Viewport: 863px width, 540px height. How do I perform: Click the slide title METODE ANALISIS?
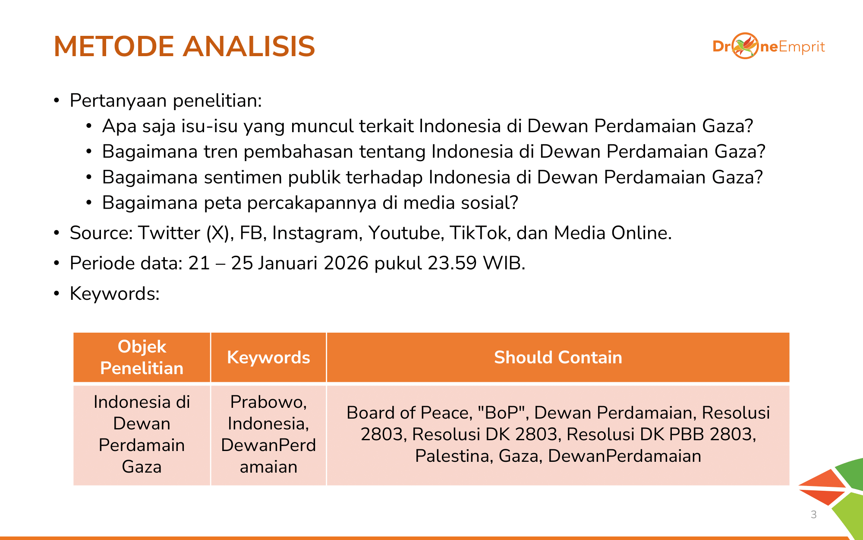pyautogui.click(x=184, y=46)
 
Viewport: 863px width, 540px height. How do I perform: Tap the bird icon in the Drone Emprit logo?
pyautogui.click(x=745, y=46)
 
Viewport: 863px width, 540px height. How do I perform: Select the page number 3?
pyautogui.click(x=814, y=515)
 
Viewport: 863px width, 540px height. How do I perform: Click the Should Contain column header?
pyautogui.click(x=558, y=357)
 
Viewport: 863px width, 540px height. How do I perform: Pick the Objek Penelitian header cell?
pyautogui.click(x=142, y=357)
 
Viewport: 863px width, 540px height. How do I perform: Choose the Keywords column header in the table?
pyautogui.click(x=268, y=357)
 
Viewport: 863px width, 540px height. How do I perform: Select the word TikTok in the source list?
pyautogui.click(x=478, y=233)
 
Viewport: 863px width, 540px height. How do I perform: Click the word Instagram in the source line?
pyautogui.click(x=315, y=233)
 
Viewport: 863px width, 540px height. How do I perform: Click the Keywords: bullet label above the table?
pyautogui.click(x=115, y=294)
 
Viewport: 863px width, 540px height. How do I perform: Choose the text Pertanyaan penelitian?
pyautogui.click(x=166, y=101)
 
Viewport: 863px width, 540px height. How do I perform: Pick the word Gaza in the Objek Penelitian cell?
pyautogui.click(x=142, y=467)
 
